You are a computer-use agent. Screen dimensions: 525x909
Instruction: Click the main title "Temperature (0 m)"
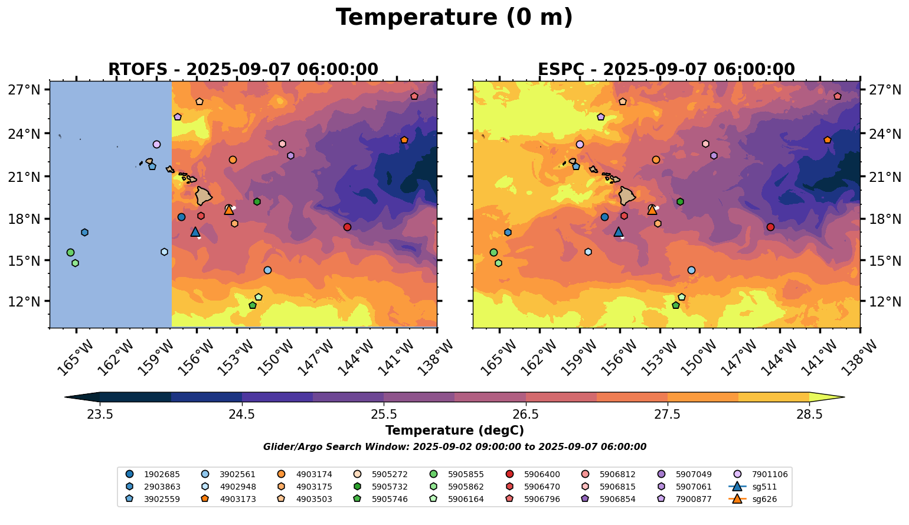pos(454,18)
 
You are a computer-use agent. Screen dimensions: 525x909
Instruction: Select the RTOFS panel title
pos(243,70)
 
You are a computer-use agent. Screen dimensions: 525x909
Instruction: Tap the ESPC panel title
pos(666,70)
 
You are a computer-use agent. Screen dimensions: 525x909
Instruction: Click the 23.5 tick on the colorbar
pos(100,414)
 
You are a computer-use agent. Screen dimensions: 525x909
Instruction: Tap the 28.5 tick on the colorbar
pos(809,414)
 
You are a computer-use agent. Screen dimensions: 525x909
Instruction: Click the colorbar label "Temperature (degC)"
pos(454,431)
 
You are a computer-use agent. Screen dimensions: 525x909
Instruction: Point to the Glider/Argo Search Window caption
pos(454,447)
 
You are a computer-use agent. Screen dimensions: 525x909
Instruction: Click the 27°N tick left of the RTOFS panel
pos(24,90)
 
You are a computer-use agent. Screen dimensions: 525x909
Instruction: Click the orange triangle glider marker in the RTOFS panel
pos(229,210)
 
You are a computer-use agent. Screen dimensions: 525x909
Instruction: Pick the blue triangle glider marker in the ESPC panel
pos(618,231)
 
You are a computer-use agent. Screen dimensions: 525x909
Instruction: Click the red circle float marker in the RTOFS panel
pos(347,227)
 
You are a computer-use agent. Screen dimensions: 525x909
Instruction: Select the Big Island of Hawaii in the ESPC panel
pos(627,195)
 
